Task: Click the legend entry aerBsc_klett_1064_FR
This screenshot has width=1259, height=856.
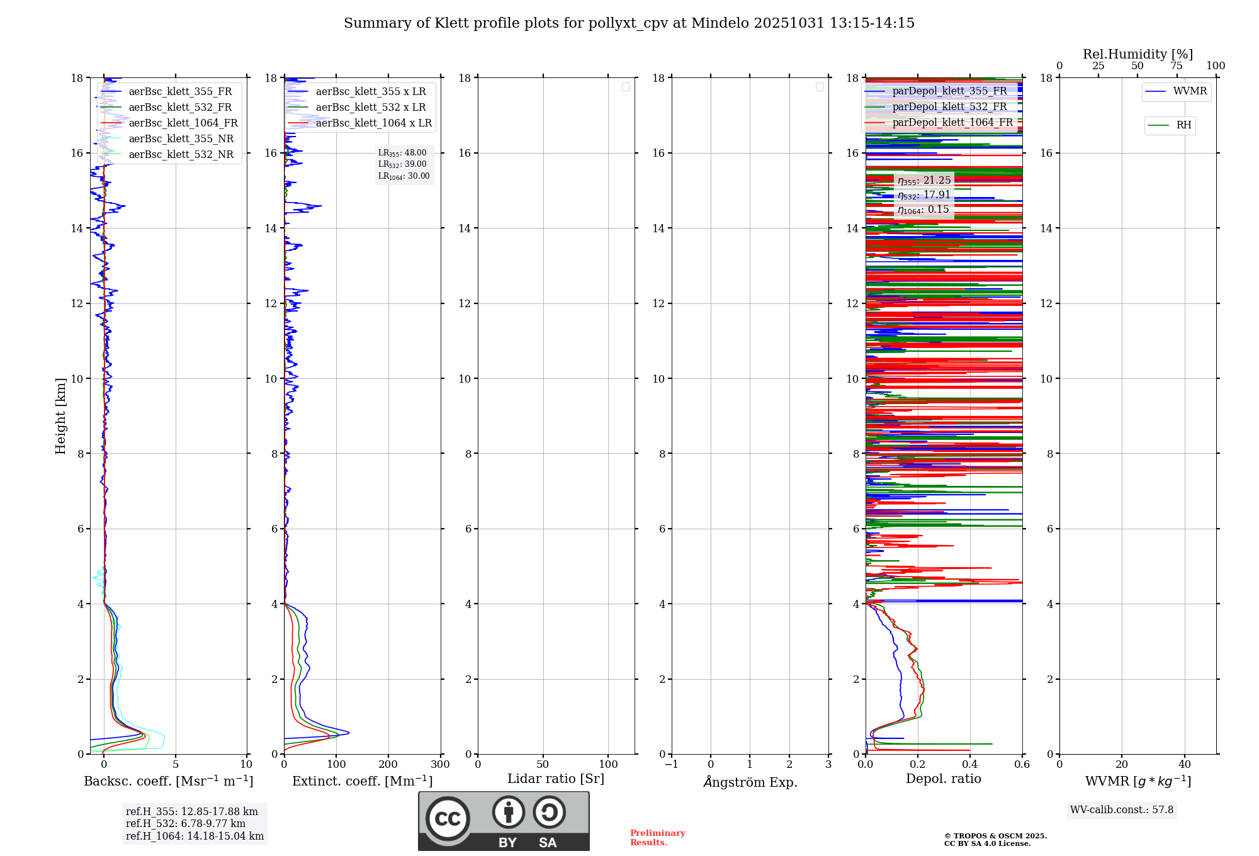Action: [183, 123]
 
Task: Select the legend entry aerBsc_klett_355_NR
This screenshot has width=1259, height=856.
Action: [181, 139]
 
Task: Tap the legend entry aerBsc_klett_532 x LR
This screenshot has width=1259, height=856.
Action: [370, 108]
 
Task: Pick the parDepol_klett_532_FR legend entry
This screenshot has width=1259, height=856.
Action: [949, 107]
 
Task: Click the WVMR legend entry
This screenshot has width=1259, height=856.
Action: [1189, 91]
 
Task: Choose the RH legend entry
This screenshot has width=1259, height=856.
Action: [1183, 125]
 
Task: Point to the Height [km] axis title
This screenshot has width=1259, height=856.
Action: [60, 416]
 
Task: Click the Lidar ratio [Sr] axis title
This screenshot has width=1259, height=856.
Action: [555, 779]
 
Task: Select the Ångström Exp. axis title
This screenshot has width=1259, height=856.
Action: [750, 782]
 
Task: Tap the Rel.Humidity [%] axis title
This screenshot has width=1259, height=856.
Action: [1138, 54]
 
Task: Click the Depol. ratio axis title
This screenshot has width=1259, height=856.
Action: [943, 779]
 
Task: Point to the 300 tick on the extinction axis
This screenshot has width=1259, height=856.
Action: [440, 765]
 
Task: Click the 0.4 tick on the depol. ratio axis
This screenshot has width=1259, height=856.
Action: [969, 765]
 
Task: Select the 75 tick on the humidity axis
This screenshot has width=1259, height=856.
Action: [1176, 66]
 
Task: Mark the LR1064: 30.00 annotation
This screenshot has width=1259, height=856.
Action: [404, 176]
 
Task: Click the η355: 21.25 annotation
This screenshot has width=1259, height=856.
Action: [923, 181]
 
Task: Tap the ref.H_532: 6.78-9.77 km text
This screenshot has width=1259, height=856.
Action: [185, 824]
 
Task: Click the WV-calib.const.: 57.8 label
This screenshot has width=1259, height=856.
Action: [1121, 810]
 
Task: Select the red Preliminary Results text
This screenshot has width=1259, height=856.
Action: [657, 838]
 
